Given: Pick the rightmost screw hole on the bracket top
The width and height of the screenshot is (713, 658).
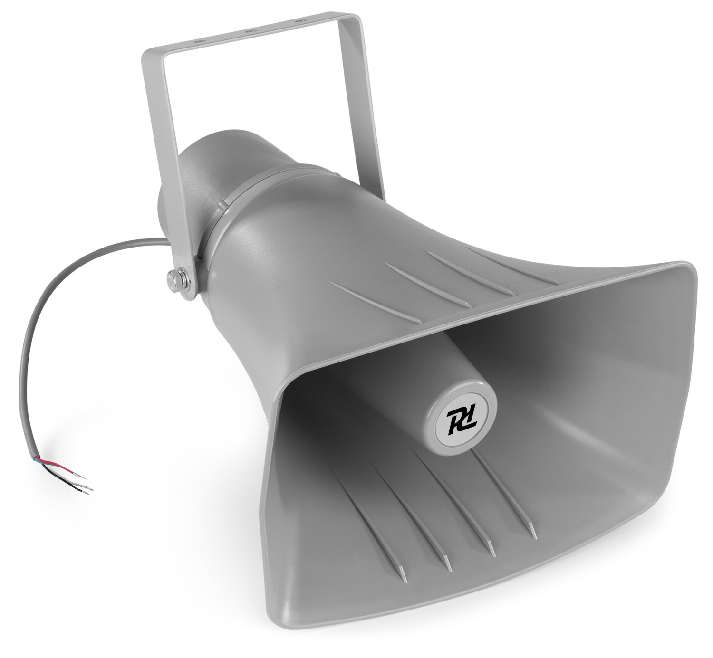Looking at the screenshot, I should (299, 21).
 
